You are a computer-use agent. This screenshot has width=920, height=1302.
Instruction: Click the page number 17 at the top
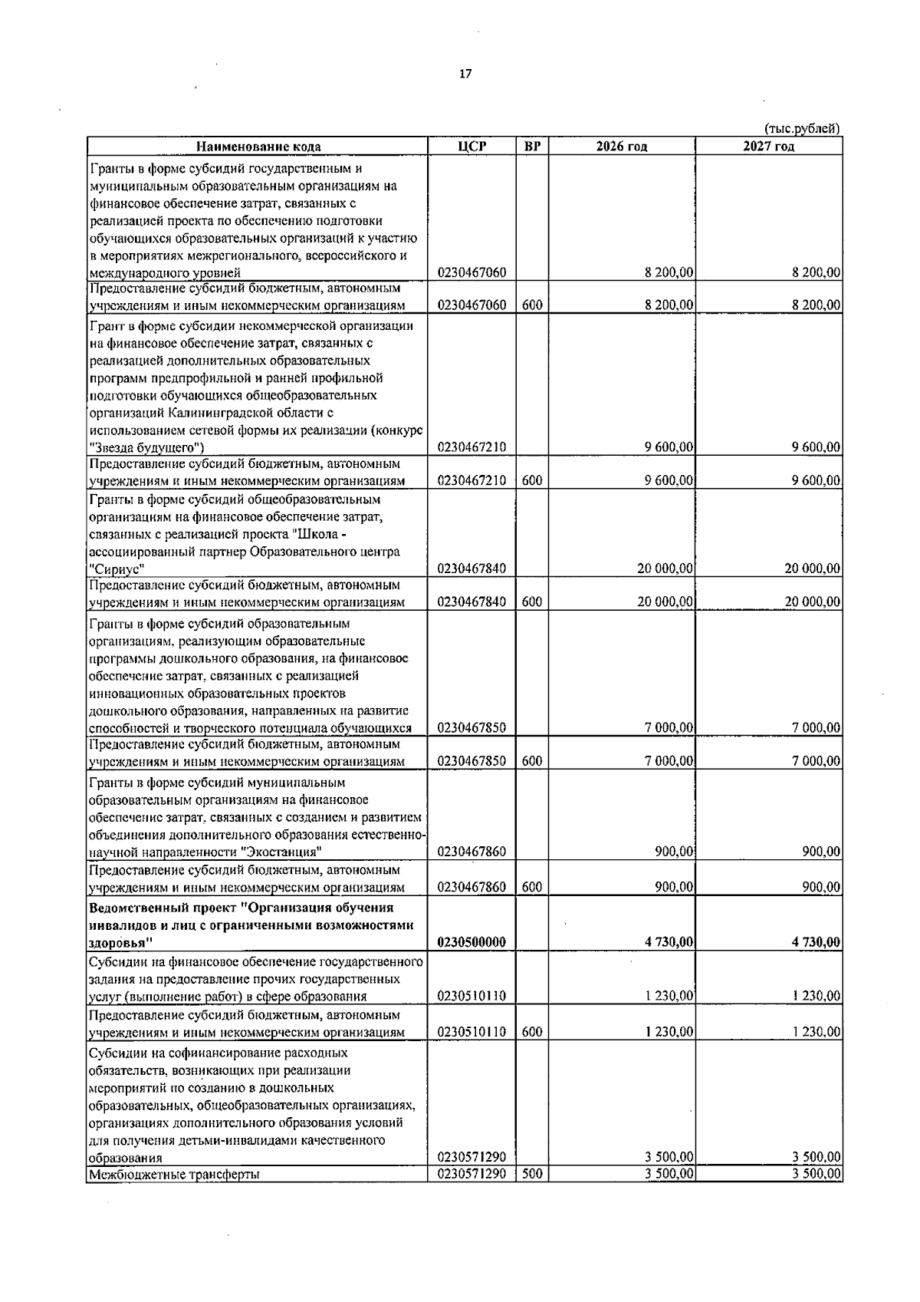pos(465,74)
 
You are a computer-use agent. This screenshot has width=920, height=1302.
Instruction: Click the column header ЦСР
pos(472,146)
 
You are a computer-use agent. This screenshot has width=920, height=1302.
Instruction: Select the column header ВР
pos(532,146)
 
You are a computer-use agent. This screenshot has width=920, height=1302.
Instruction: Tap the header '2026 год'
pos(622,147)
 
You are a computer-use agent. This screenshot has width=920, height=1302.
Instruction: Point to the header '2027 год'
pos(768,147)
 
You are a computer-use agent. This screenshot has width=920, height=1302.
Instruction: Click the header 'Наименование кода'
pos(258,147)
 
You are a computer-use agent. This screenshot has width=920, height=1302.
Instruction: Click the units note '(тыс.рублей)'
pos(803,128)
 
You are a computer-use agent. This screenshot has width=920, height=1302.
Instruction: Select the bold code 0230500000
pos(472,942)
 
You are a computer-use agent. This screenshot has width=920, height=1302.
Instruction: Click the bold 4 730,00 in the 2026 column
pos(669,942)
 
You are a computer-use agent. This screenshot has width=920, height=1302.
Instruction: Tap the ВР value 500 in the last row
pos(532,1195)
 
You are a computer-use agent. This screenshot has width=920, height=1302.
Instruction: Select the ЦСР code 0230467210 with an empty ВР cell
pos(472,447)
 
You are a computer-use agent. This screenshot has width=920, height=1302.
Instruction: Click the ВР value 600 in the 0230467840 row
pos(532,602)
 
